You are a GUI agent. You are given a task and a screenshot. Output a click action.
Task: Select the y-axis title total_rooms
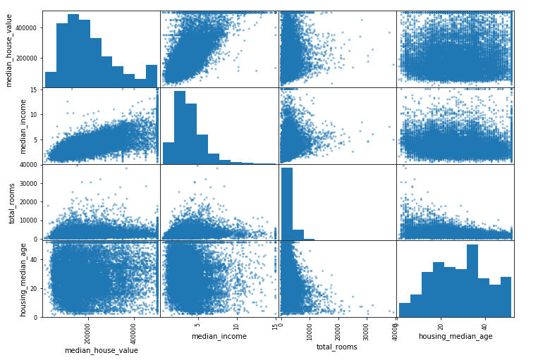[x=12, y=202]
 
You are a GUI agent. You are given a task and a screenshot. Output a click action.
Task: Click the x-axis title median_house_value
[x=102, y=350]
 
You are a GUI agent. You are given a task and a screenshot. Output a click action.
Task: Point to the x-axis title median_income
[x=219, y=336]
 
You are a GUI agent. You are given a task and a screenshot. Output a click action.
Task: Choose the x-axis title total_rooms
[x=336, y=347]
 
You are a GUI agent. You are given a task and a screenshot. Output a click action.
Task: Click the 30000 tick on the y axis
[x=28, y=183]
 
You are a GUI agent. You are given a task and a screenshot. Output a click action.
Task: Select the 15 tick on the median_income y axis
[x=34, y=89]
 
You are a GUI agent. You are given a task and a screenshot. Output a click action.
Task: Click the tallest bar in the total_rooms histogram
[x=287, y=204]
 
